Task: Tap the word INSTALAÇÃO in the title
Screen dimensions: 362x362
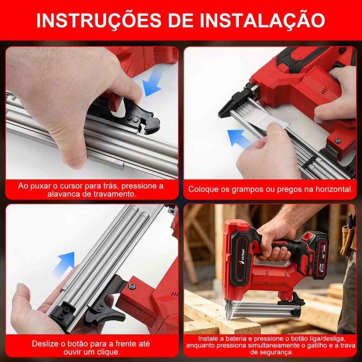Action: (x=262, y=20)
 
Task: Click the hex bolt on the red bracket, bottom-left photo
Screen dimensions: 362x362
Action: (x=132, y=286)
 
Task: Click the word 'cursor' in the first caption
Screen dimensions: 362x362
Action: (x=71, y=186)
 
